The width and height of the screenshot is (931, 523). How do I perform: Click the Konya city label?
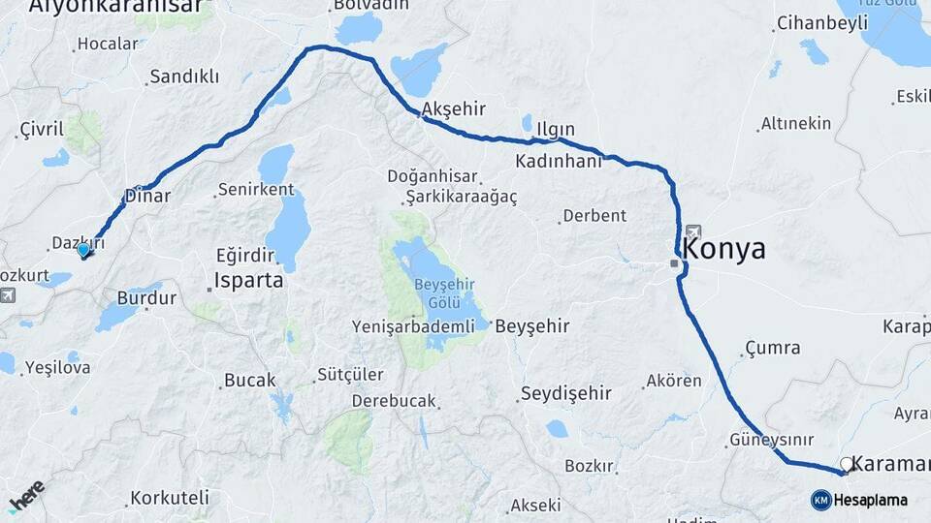723,249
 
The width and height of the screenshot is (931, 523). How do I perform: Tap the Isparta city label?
249,281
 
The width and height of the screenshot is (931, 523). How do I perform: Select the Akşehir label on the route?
454,108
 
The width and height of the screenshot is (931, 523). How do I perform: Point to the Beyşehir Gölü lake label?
445,292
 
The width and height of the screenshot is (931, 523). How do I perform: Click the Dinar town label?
147,195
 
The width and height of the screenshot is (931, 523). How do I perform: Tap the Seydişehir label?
565,392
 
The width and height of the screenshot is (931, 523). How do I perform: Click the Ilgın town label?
556,129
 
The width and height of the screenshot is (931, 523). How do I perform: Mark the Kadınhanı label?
559,161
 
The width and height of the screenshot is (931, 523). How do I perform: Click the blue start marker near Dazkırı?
83,250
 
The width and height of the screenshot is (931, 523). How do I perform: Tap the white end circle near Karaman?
847,464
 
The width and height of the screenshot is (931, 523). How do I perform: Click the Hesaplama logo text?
870,500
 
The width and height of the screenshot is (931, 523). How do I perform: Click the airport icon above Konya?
693,231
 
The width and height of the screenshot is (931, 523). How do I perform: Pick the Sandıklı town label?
184,77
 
